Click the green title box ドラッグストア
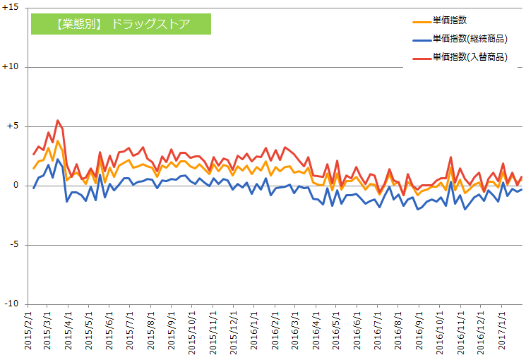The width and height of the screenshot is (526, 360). [121, 24]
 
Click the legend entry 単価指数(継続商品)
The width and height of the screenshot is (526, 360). [470, 39]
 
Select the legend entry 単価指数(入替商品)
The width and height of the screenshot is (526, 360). [470, 56]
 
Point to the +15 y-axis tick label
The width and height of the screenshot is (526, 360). [12, 8]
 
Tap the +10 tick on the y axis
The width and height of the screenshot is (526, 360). [12, 67]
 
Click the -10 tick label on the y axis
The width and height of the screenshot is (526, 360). [13, 304]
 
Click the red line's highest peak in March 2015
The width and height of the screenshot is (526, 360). [58, 121]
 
